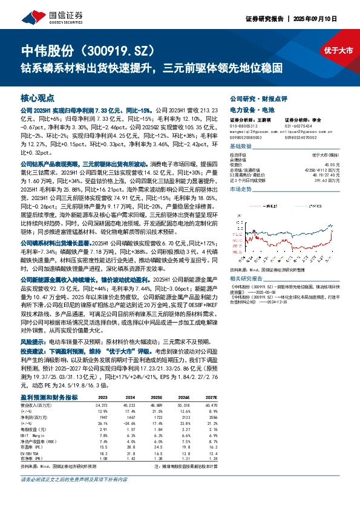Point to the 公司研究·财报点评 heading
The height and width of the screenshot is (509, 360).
point(254,98)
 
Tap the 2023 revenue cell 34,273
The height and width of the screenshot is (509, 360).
point(100,404)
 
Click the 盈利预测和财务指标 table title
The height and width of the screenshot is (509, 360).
point(49,397)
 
